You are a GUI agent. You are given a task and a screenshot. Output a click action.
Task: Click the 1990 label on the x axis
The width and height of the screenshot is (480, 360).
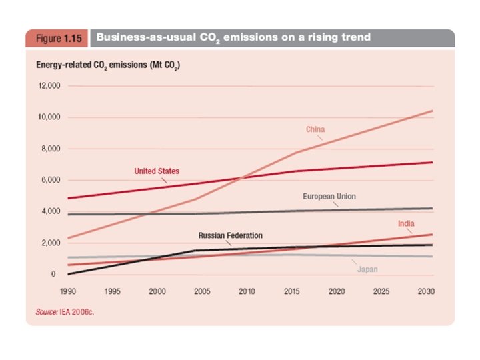(x=68, y=291)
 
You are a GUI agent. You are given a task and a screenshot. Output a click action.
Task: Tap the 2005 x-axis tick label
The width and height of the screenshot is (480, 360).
(x=202, y=291)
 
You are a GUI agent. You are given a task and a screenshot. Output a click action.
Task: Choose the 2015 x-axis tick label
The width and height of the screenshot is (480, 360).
(x=292, y=291)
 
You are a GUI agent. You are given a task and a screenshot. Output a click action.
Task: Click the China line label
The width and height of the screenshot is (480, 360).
(x=315, y=129)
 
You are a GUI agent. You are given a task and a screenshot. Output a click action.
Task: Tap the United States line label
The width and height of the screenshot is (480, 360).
(x=157, y=171)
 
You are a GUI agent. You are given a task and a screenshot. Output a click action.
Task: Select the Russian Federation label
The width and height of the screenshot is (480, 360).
(x=230, y=235)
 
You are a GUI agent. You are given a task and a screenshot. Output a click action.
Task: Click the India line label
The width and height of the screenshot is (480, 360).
(x=406, y=223)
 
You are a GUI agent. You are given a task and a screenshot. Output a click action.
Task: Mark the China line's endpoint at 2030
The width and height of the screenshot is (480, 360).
(x=433, y=111)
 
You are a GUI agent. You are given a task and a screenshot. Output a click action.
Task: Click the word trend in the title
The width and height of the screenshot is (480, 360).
(x=353, y=37)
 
